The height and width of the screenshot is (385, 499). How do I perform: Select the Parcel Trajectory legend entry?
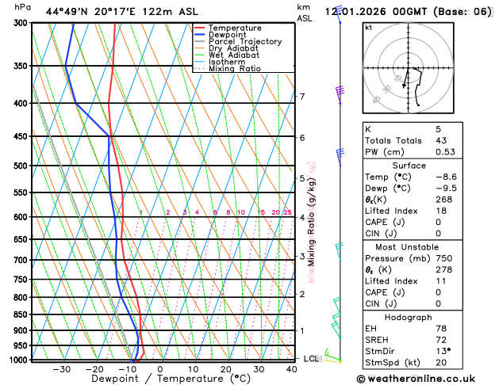[x=244, y=42]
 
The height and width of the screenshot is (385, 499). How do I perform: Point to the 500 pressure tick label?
[x=21, y=166]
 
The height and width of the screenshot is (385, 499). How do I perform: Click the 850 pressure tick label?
[x=21, y=314]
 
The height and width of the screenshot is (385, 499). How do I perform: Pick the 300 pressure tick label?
[x=21, y=23]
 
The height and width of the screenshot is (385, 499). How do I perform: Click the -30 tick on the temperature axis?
[x=62, y=369]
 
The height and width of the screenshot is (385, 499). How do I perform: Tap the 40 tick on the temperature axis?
[x=293, y=369]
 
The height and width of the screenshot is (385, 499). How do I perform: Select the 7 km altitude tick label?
[x=301, y=97]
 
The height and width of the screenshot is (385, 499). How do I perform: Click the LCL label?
[x=311, y=359]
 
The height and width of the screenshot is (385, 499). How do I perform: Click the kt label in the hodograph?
[x=369, y=27]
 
